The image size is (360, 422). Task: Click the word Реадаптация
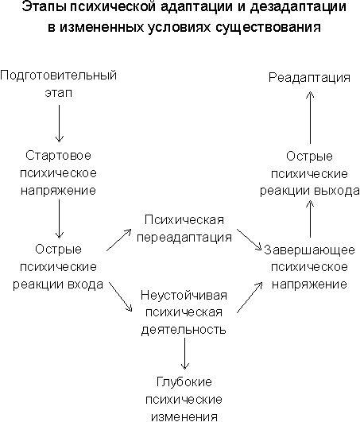(x=309, y=78)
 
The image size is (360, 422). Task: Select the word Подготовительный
(x=58, y=75)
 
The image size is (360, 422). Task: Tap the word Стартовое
(x=58, y=156)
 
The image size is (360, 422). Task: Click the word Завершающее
(x=309, y=250)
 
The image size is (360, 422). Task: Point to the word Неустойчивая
(x=184, y=295)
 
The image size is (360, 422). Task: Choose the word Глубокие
(x=184, y=382)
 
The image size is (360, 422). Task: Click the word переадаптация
(x=184, y=238)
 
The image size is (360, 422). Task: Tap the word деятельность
(x=184, y=330)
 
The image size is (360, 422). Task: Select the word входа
(x=86, y=285)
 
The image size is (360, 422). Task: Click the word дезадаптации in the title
(x=298, y=6)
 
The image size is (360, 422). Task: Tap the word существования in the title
(x=268, y=27)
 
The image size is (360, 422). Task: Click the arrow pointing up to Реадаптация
(x=310, y=118)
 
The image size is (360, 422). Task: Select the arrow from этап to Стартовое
(x=59, y=123)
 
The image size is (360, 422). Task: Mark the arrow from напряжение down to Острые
(x=59, y=219)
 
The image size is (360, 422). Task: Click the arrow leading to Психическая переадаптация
(x=119, y=240)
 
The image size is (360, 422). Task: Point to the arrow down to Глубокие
(x=185, y=354)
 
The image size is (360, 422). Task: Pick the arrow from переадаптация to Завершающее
(x=250, y=240)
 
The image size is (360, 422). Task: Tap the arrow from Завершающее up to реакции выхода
(x=310, y=219)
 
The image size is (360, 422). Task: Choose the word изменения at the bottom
(x=184, y=416)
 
